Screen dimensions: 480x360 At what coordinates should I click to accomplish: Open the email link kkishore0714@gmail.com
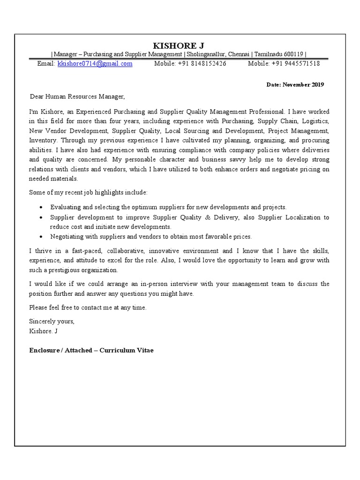pyautogui.click(x=95, y=64)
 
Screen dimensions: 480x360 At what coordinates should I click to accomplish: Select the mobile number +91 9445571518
pyautogui.click(x=296, y=64)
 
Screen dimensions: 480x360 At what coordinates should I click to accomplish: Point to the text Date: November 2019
pyautogui.click(x=295, y=85)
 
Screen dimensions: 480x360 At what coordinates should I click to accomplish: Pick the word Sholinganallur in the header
pyautogui.click(x=206, y=54)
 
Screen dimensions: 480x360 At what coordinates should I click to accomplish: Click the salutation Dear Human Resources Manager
pyautogui.click(x=77, y=97)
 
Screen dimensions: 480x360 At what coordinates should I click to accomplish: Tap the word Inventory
pyautogui.click(x=43, y=140)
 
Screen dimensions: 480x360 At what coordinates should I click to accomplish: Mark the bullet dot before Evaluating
pyautogui.click(x=43, y=207)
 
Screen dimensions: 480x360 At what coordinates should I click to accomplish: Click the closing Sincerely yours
pyautogui.click(x=52, y=322)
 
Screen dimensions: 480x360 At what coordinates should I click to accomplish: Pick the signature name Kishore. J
pyautogui.click(x=43, y=331)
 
